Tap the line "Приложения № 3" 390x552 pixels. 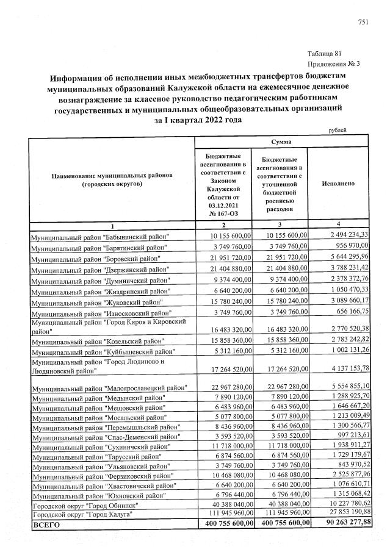[330, 63]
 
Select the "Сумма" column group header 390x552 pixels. [281, 142]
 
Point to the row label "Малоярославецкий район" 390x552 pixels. [109, 388]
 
